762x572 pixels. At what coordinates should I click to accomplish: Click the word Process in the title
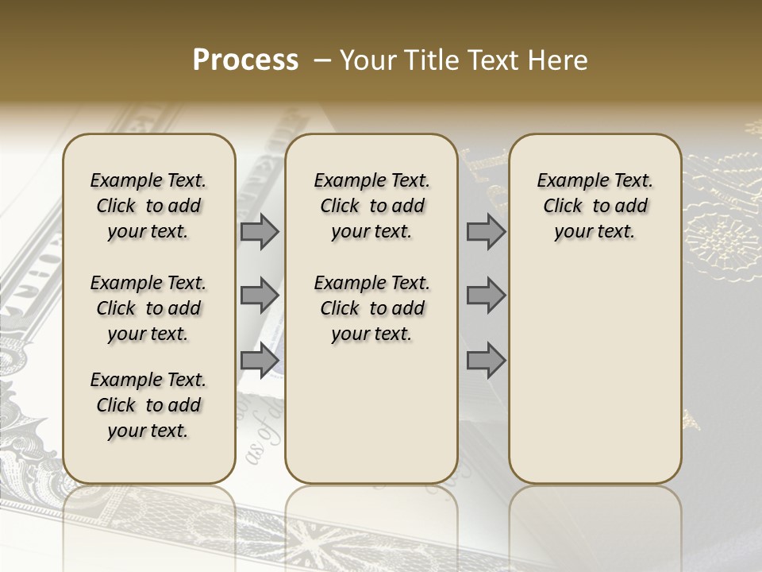(245, 60)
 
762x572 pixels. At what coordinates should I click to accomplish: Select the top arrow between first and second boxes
(260, 231)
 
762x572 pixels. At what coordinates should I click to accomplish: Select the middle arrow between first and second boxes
(260, 296)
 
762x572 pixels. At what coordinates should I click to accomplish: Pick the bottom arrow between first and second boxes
(260, 361)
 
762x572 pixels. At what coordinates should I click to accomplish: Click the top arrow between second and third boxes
(486, 231)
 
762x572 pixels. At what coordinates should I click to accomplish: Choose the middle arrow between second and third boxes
(486, 296)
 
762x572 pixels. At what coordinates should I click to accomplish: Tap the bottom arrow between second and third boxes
(486, 361)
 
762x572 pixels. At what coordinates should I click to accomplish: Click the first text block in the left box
(148, 206)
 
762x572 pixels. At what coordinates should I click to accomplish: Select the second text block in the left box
(148, 308)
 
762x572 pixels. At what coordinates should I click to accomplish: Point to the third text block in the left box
(148, 405)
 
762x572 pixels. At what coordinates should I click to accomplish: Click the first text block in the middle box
(371, 206)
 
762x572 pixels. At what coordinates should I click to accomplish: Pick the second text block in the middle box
(371, 308)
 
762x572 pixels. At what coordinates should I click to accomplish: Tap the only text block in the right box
(595, 206)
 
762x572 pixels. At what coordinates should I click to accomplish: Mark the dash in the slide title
(323, 60)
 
